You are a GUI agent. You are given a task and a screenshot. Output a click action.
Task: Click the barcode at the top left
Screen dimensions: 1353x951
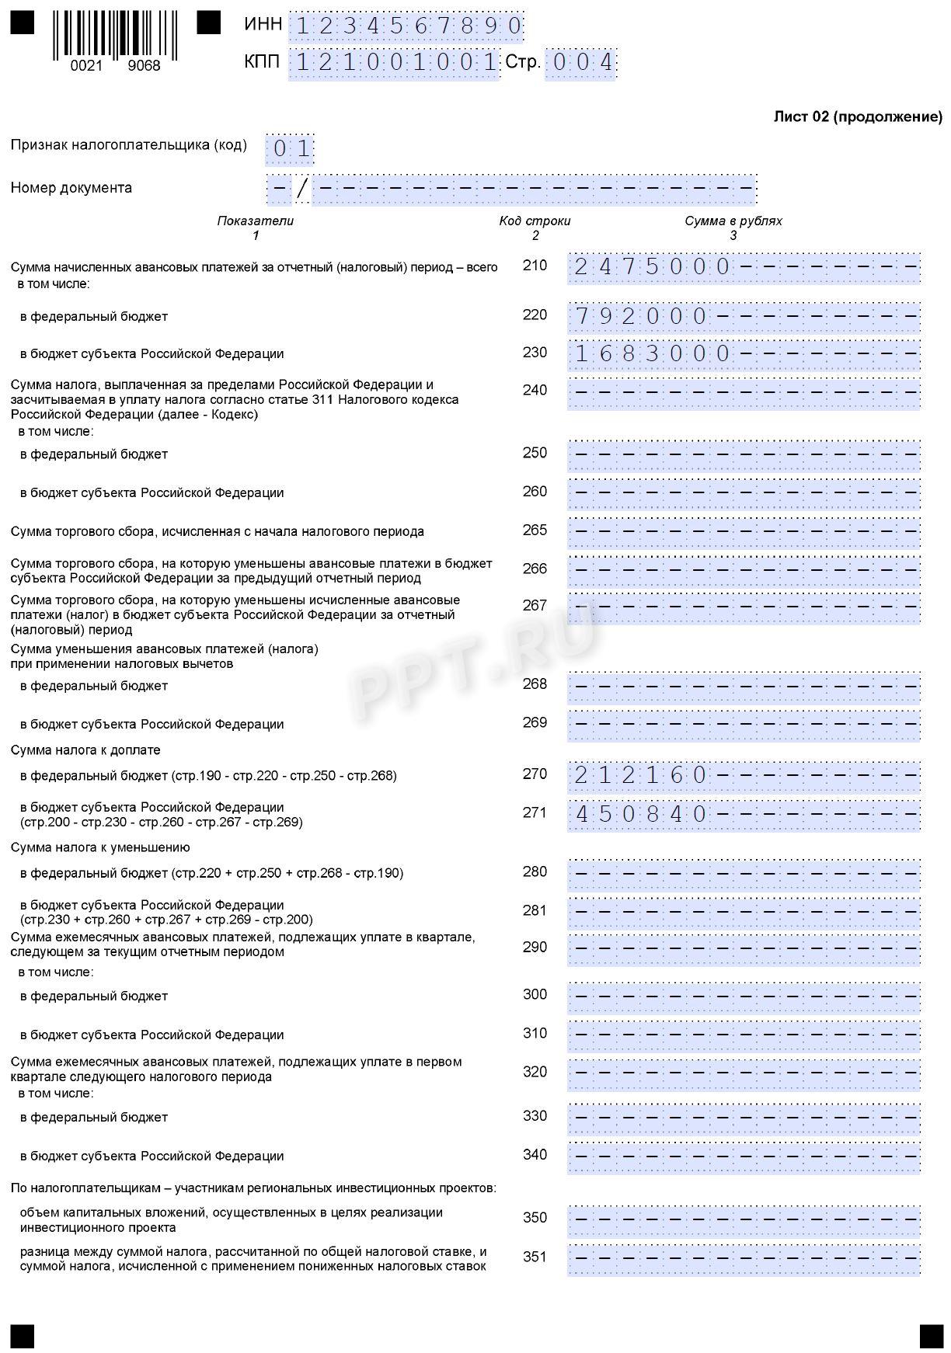point(115,35)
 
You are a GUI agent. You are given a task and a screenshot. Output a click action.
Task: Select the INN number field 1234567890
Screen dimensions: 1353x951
point(407,26)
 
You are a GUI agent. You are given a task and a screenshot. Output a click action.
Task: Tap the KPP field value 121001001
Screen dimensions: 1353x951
point(395,63)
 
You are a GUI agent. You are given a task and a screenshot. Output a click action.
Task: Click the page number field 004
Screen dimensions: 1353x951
point(580,63)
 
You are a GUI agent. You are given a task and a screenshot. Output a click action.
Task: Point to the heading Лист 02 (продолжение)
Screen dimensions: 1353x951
point(858,117)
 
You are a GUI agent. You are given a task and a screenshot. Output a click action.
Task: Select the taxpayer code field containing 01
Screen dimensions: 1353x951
point(291,148)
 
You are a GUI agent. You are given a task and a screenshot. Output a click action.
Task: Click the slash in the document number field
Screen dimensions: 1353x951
point(302,189)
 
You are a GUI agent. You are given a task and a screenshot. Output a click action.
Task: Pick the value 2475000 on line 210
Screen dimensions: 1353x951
point(652,267)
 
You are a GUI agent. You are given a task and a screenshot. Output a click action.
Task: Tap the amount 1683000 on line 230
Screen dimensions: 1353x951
point(652,354)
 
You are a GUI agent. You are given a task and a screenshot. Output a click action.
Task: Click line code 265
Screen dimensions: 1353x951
point(535,530)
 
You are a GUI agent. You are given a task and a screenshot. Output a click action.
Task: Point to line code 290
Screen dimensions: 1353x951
point(535,948)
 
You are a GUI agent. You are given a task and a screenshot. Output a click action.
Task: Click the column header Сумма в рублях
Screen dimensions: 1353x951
point(733,221)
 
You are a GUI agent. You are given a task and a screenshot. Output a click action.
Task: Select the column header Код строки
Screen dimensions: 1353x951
point(535,221)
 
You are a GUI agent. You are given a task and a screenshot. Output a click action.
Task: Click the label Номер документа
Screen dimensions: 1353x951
point(71,188)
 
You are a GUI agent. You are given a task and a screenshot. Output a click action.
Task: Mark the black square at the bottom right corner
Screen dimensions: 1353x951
point(931,1337)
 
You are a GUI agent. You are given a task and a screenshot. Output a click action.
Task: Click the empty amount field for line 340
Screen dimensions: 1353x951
point(744,1157)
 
